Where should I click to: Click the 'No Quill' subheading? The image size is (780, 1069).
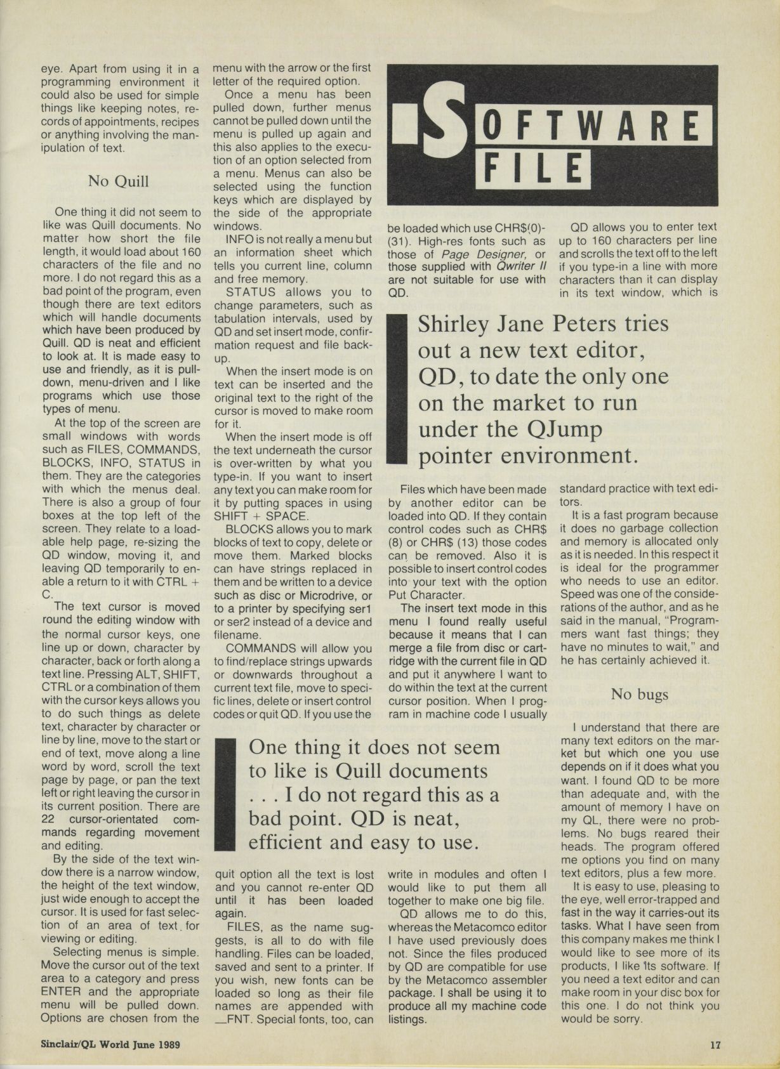click(x=119, y=181)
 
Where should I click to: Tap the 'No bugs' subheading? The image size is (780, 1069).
click(x=639, y=694)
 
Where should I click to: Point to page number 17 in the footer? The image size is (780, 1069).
click(x=716, y=1044)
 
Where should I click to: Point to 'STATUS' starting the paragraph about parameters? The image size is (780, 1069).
click(x=251, y=292)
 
